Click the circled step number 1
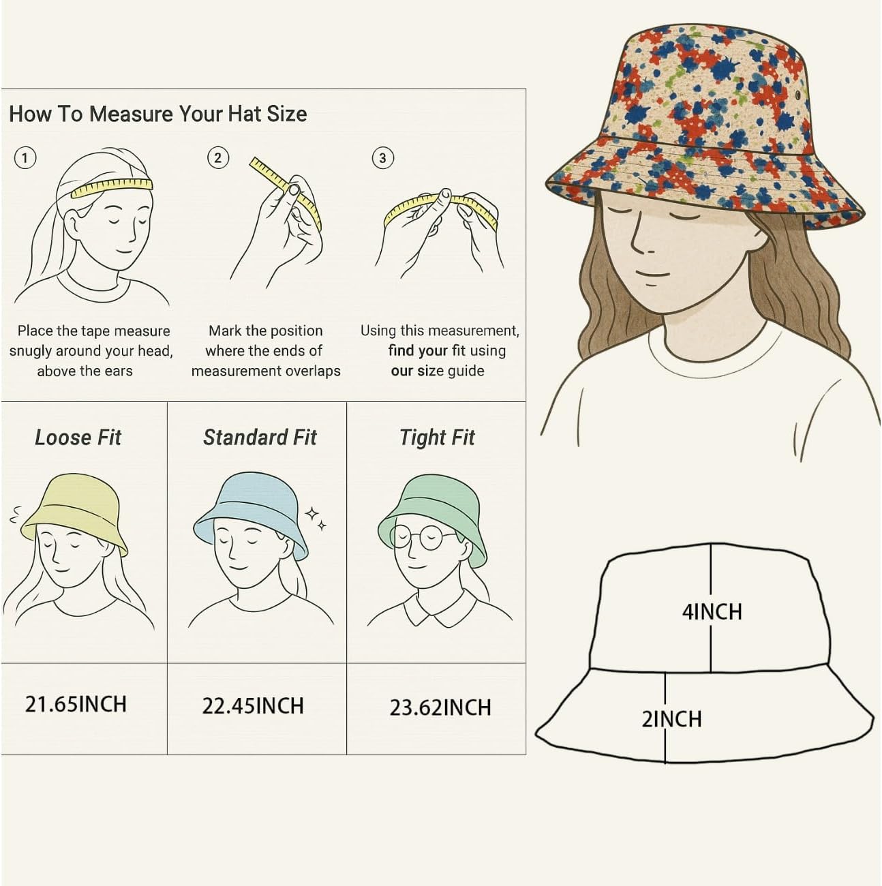25,158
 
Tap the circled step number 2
218,157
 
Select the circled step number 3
382,158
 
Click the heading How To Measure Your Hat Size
157,114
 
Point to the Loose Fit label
78,438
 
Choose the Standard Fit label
260,438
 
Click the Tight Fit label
437,438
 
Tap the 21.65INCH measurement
76,705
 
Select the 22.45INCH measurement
253,706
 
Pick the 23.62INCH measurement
440,707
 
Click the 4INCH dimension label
712,612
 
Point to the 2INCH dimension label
672,719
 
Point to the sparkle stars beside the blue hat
317,519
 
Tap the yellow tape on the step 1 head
112,188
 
